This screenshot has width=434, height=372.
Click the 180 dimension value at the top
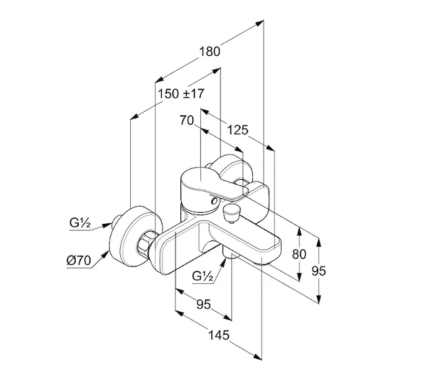click(210, 52)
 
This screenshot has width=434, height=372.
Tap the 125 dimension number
click(237, 130)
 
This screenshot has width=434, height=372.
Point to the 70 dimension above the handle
click(187, 121)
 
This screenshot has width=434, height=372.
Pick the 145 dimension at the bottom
click(218, 335)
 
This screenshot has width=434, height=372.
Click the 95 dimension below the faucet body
click(203, 304)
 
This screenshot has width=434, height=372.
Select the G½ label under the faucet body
click(203, 277)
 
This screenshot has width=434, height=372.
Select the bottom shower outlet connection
click(231, 255)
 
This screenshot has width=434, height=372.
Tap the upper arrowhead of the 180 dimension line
click(260, 24)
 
